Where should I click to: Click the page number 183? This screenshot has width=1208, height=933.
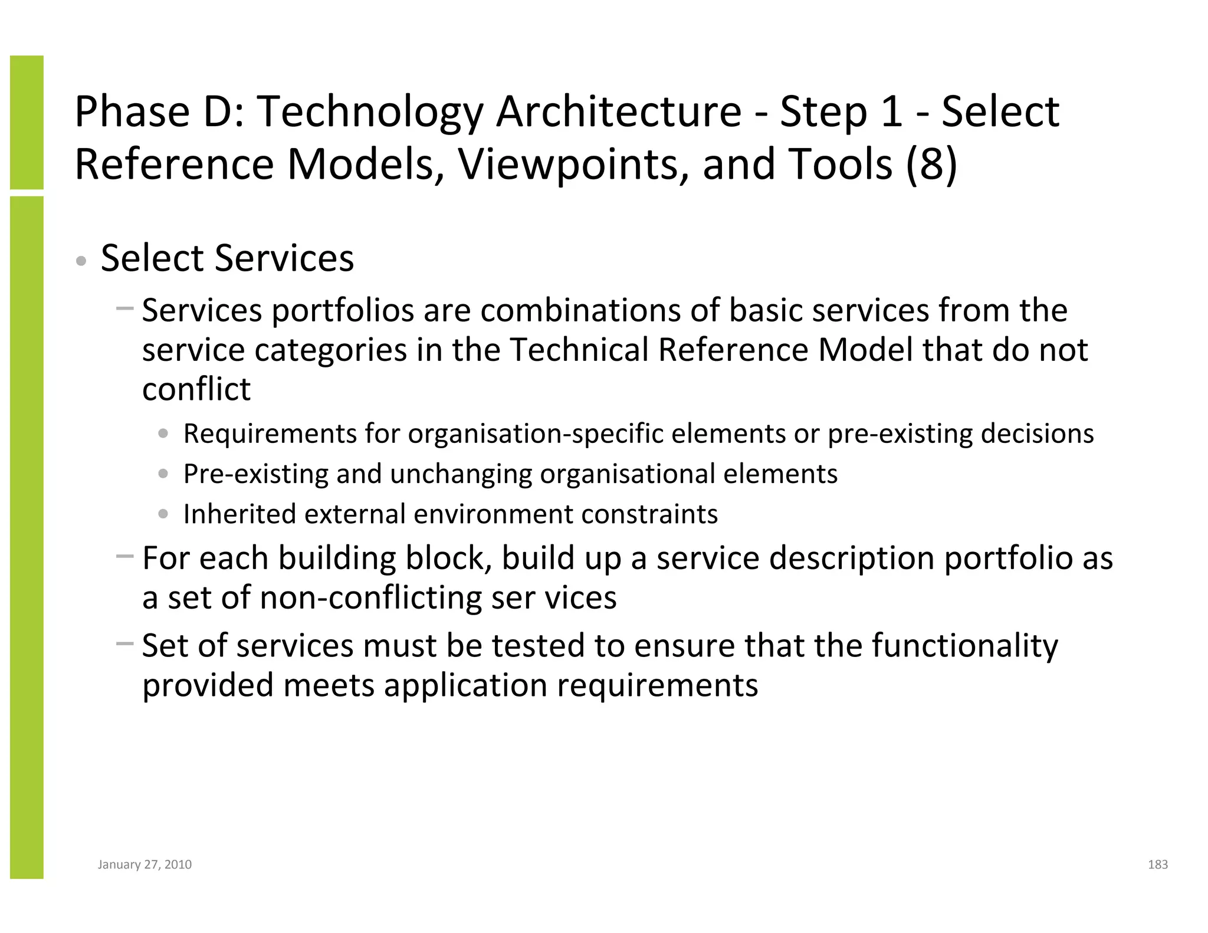point(1157,865)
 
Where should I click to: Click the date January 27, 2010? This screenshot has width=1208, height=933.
point(145,865)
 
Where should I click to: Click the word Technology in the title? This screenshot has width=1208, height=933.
point(370,112)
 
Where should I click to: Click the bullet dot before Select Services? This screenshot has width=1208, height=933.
point(82,261)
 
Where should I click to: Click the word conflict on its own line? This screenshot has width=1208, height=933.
point(196,389)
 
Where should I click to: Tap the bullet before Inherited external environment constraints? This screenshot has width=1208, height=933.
point(163,514)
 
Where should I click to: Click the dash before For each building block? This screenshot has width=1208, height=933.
point(124,556)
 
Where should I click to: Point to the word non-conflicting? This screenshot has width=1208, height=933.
point(370,597)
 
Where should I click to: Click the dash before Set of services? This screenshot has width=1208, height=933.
point(124,643)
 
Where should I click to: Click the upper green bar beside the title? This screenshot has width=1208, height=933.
point(27,122)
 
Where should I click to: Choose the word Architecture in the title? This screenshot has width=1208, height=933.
point(618,112)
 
